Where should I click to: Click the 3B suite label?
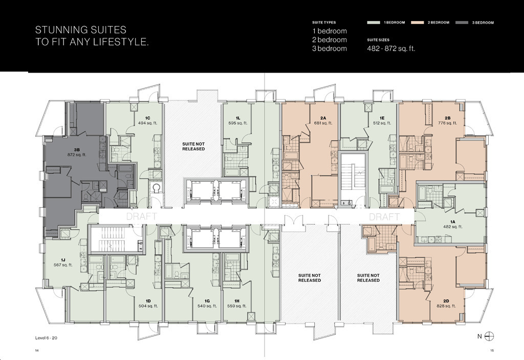77,150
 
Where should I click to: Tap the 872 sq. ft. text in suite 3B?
77,154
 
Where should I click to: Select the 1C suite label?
148,118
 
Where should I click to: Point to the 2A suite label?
323,118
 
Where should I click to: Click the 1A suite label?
453,222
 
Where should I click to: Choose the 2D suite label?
446,301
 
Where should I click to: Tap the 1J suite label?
63,260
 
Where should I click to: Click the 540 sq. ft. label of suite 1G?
207,306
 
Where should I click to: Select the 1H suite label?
236,301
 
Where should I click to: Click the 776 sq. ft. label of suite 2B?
447,123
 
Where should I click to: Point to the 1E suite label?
382,118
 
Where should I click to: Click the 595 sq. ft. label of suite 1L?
238,123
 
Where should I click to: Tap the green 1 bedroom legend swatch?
373,22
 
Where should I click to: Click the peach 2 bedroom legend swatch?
418,22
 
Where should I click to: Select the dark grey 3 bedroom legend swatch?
462,22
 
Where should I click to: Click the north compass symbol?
489,336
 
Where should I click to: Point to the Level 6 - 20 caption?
46,337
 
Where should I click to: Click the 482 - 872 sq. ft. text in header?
391,49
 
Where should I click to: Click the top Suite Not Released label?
193,147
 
